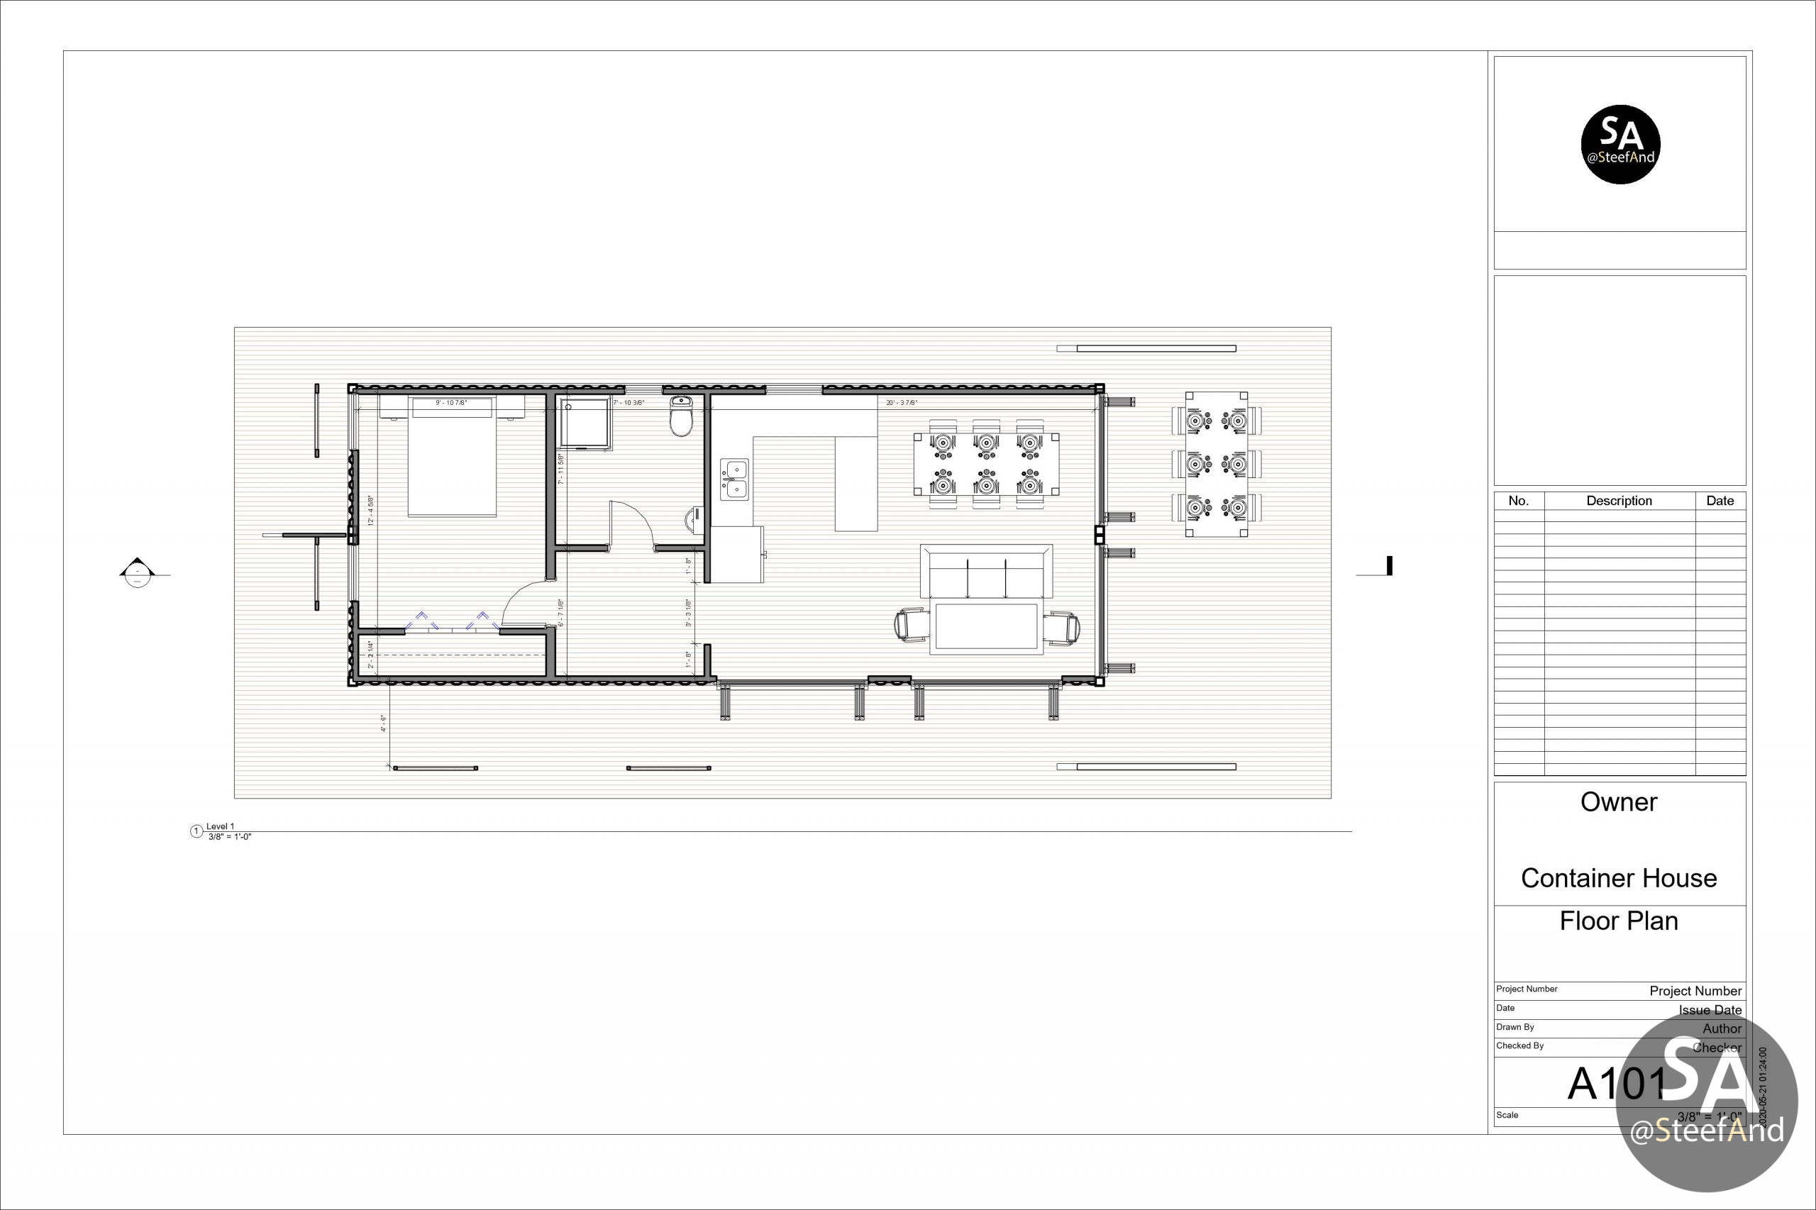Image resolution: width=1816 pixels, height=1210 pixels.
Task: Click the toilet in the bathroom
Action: [x=681, y=418]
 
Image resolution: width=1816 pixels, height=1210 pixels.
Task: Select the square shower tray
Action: [x=585, y=423]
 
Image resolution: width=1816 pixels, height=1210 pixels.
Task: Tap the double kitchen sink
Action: [x=734, y=479]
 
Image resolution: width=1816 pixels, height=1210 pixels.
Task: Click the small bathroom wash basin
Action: [x=692, y=520]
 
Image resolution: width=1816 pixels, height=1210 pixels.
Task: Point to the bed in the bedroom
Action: [x=451, y=458]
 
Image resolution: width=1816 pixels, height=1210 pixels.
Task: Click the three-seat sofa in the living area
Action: [x=985, y=572]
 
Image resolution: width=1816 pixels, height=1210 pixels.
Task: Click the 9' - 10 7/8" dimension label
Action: [x=450, y=403]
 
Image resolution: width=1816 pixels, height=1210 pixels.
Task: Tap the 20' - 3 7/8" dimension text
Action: [x=901, y=403]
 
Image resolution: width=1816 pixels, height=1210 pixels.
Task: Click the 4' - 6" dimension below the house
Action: [x=383, y=723]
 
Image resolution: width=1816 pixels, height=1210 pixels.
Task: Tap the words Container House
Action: [x=1618, y=878]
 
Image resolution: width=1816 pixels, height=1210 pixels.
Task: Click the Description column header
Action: [x=1618, y=501]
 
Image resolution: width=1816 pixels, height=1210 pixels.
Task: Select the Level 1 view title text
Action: [x=220, y=826]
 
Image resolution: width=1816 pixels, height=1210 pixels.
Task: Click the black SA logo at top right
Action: [x=1620, y=144]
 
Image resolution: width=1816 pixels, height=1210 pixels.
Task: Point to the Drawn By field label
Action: [x=1515, y=1027]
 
